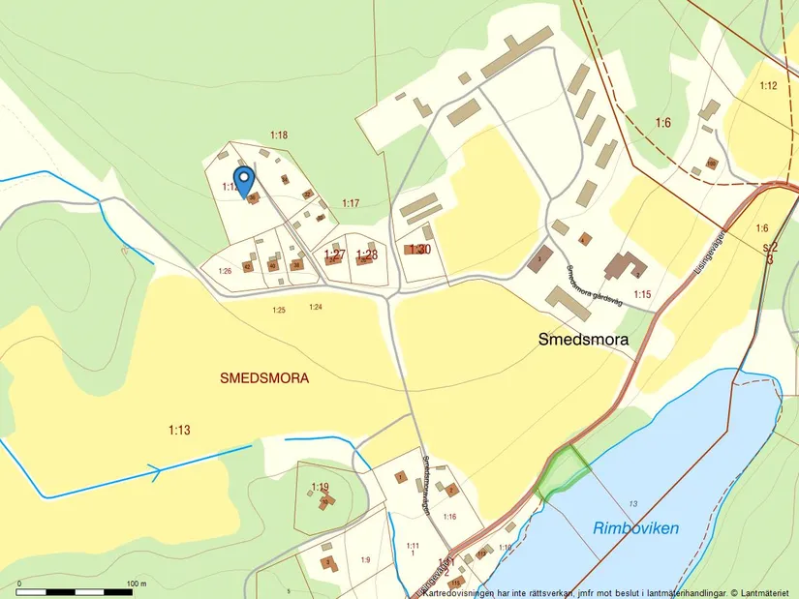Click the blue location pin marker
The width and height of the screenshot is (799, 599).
(x=245, y=180)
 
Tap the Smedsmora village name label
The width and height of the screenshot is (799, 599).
(x=583, y=340)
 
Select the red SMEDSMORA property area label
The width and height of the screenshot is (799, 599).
(x=264, y=379)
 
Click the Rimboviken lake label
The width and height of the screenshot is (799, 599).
(x=635, y=528)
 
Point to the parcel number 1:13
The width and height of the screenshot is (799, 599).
(x=178, y=430)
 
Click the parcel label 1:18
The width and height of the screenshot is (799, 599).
(x=279, y=135)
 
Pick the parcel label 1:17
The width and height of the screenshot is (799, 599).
(x=351, y=202)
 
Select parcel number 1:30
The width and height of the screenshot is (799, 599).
(x=419, y=250)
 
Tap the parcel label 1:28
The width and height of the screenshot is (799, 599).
(x=366, y=255)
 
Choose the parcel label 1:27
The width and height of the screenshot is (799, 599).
(x=334, y=255)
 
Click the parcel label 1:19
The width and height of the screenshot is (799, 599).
(x=320, y=486)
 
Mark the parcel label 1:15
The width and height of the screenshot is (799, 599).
(x=641, y=293)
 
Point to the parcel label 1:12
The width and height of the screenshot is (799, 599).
(x=768, y=86)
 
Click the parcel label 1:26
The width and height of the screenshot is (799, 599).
(x=225, y=271)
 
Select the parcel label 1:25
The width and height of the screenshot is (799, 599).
(x=279, y=310)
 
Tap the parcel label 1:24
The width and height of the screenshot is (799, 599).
(x=315, y=307)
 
